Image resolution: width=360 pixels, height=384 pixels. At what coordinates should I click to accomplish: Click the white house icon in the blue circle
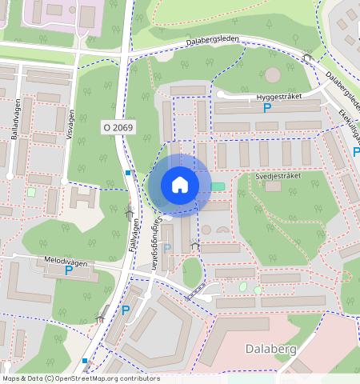180,185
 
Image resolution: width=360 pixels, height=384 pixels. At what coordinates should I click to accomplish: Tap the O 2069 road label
118,127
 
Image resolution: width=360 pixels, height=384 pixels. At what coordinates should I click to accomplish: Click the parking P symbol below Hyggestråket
267,108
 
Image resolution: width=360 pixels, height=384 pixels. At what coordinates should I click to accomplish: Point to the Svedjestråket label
278,175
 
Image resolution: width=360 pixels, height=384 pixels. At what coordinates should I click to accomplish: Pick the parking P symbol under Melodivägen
69,271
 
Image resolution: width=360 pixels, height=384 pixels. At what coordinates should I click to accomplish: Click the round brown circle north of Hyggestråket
273,75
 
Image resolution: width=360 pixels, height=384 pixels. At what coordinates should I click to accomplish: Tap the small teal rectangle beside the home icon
218,186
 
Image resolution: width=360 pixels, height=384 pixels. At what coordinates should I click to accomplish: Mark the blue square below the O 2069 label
128,172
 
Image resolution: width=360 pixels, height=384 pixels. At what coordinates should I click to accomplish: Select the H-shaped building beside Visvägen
83,197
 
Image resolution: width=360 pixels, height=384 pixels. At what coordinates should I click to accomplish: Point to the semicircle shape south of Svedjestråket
222,230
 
